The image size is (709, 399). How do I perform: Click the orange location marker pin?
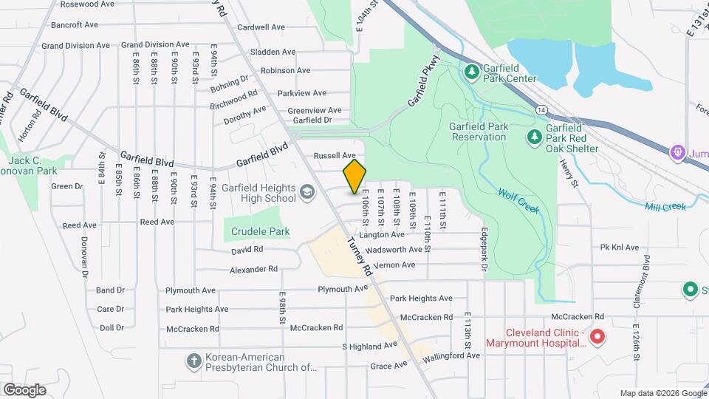coord(354,176)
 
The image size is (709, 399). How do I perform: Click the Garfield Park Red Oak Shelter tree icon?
coord(534,137)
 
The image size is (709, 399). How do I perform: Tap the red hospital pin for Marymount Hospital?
coord(597,337)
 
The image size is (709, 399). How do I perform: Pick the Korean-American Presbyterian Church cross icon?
coord(193,361)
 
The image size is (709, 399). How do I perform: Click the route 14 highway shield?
coord(542,109)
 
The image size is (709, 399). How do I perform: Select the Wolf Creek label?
coord(519,200)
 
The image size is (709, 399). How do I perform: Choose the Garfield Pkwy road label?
coord(425,81)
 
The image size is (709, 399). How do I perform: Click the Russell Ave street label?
coord(335,156)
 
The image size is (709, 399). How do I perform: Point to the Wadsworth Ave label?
coord(394,250)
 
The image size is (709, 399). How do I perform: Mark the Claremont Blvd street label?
coord(646,274)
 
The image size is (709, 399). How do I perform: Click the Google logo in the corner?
coord(24,389)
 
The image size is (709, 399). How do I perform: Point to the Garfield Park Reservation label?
coord(479,132)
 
